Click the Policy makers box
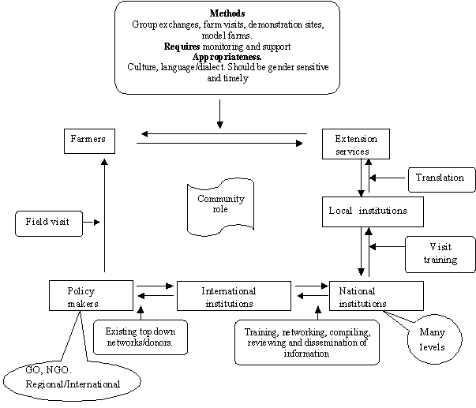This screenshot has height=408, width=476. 90,295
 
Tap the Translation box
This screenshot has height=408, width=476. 440,178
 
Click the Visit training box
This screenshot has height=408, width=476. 440,253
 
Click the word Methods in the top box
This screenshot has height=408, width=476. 227,14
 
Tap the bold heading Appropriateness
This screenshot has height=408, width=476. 227,58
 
